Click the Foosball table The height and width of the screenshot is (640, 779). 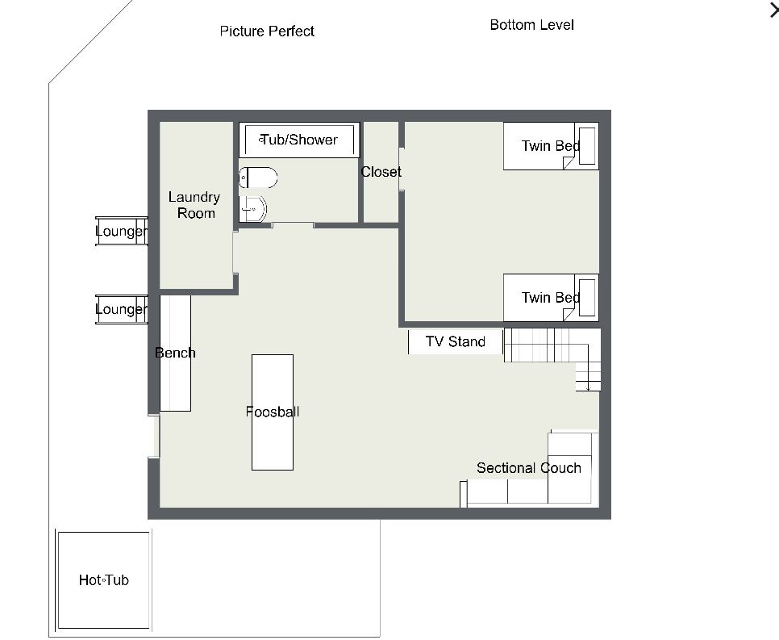(x=273, y=412)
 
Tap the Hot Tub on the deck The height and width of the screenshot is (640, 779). (x=104, y=579)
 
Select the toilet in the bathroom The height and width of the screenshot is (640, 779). (x=258, y=178)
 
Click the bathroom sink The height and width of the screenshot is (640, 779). (x=253, y=208)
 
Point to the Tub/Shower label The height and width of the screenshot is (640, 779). (x=298, y=140)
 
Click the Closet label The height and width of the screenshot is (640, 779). (x=381, y=172)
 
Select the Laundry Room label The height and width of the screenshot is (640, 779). (x=194, y=205)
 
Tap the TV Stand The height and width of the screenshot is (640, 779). (x=456, y=341)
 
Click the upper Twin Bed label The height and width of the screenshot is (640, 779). (x=551, y=146)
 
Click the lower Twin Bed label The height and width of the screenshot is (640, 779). (x=551, y=297)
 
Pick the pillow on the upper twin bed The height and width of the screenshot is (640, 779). (x=587, y=146)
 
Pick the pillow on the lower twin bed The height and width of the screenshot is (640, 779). (x=587, y=297)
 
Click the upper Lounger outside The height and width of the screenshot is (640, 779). (x=122, y=232)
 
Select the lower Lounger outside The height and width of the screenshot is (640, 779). (x=122, y=309)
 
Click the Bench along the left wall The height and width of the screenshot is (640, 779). (x=175, y=353)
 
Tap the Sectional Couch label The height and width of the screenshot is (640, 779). (x=529, y=468)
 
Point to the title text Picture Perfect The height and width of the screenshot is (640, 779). (x=267, y=31)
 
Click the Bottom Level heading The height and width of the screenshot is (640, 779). (x=531, y=25)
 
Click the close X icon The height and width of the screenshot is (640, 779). (x=774, y=10)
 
